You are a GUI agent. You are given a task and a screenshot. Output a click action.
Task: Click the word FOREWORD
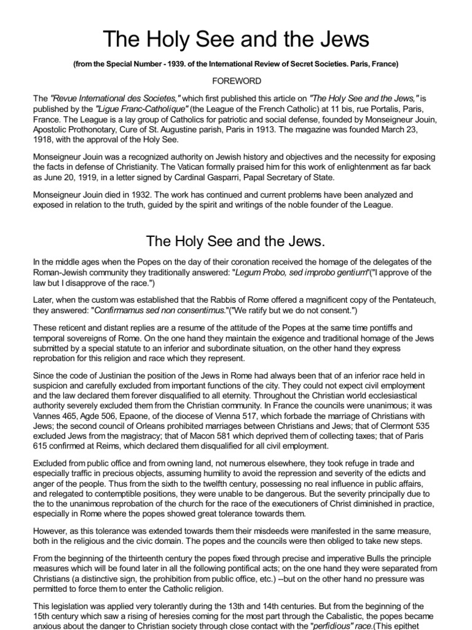[x=236, y=81]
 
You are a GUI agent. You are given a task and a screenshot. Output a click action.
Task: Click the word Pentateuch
[x=416, y=300]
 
